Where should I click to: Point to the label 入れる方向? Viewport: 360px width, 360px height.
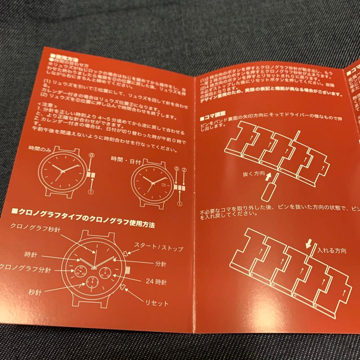click(331, 250)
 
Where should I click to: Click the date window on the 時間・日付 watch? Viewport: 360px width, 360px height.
click(163, 183)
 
